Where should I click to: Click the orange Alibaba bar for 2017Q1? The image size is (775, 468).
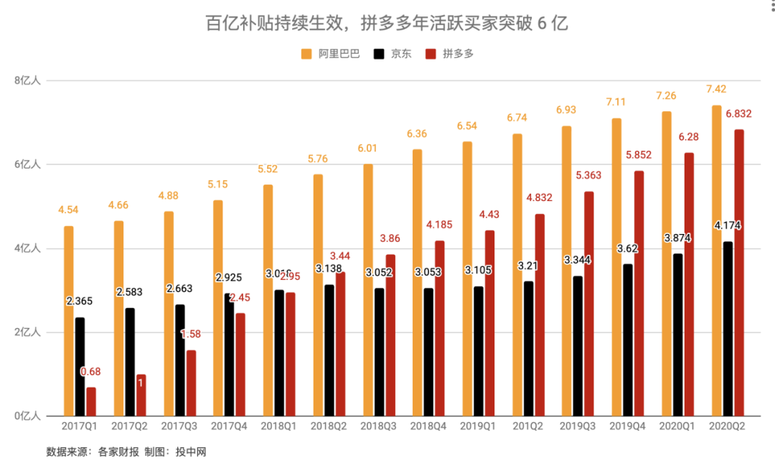68,321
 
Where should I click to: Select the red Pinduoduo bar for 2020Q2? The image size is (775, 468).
738,273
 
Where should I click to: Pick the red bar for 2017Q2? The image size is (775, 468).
141,396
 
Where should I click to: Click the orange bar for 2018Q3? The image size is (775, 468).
368,290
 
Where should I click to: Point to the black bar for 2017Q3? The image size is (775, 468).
180,360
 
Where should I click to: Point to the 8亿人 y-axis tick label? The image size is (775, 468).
29,80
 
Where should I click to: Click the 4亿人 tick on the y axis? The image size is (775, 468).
29,248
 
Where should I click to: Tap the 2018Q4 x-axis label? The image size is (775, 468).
428,427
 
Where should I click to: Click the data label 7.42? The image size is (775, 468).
717,90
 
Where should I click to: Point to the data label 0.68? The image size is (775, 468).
91,371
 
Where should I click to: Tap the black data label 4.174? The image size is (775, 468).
728,225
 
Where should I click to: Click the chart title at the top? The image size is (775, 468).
387,23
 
